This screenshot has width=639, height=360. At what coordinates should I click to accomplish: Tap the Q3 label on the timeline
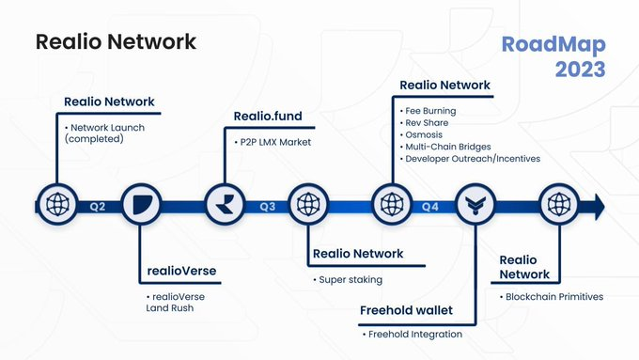(x=267, y=204)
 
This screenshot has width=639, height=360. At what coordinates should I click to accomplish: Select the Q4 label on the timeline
(x=430, y=204)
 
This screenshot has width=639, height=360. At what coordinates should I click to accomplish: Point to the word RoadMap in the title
(x=553, y=45)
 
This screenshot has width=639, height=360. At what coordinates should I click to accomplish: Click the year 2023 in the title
(x=581, y=70)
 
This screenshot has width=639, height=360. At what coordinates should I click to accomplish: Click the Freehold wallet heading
(x=406, y=310)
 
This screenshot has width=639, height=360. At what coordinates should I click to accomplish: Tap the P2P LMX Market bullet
(x=276, y=142)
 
